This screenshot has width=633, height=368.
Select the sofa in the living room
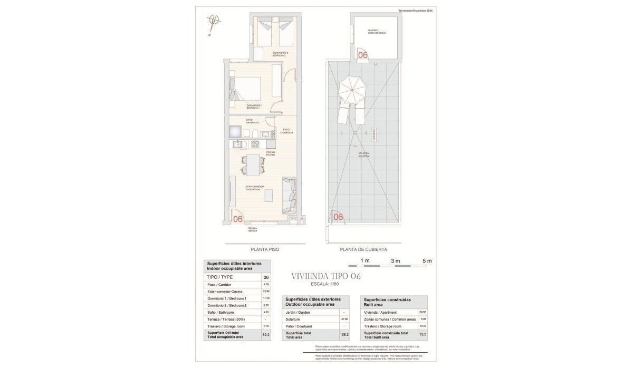[290, 195]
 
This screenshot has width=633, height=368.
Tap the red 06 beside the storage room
[363, 54]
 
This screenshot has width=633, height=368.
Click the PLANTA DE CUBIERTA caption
[363, 249]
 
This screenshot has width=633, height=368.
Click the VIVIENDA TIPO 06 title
[325, 276]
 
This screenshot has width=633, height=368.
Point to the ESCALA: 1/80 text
[326, 285]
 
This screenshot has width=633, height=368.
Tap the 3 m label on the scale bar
[396, 261]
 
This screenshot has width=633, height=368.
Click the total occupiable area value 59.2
[266, 334]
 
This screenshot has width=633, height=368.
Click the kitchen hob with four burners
[255, 144]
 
